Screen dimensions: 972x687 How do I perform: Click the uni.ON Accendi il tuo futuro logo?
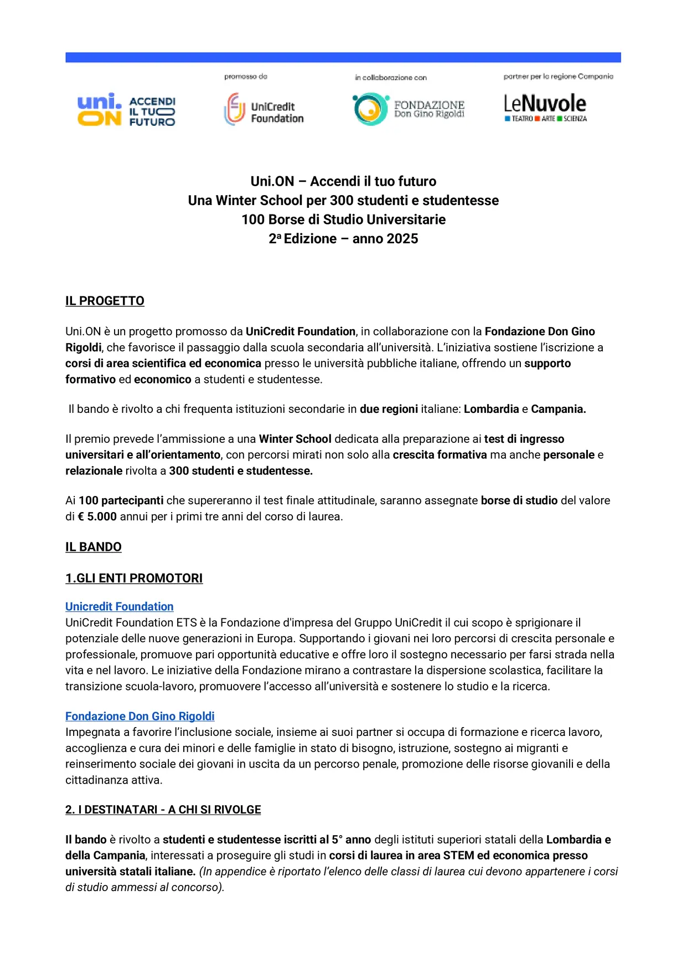pos(126,110)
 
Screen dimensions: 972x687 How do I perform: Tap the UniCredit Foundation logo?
pos(264,110)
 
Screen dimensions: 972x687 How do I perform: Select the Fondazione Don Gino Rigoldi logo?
pos(409,109)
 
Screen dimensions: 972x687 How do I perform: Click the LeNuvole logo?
pos(545,108)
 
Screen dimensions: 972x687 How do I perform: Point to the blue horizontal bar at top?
pos(343,57)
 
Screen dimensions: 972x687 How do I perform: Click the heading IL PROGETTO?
pos(105,301)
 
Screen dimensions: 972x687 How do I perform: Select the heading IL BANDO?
pos(94,547)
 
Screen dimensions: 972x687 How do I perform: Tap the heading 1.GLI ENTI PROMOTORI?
pos(134,578)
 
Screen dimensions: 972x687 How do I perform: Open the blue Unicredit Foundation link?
pos(120,606)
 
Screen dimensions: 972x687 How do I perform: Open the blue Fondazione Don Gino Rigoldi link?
pos(140,716)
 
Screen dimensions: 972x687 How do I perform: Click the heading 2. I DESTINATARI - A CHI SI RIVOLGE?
pos(163,810)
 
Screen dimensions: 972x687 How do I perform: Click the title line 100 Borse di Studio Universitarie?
pos(343,219)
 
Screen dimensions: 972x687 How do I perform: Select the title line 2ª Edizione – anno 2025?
pos(343,239)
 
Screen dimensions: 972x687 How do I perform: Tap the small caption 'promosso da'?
pos(246,76)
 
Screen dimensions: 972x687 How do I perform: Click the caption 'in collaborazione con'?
pos(391,78)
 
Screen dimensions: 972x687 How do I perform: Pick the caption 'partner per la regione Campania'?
pos(558,76)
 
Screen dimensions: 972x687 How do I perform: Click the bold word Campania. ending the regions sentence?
pos(558,409)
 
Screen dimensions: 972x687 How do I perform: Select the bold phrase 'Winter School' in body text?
pos(295,439)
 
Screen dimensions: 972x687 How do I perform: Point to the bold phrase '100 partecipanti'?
pos(121,500)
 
